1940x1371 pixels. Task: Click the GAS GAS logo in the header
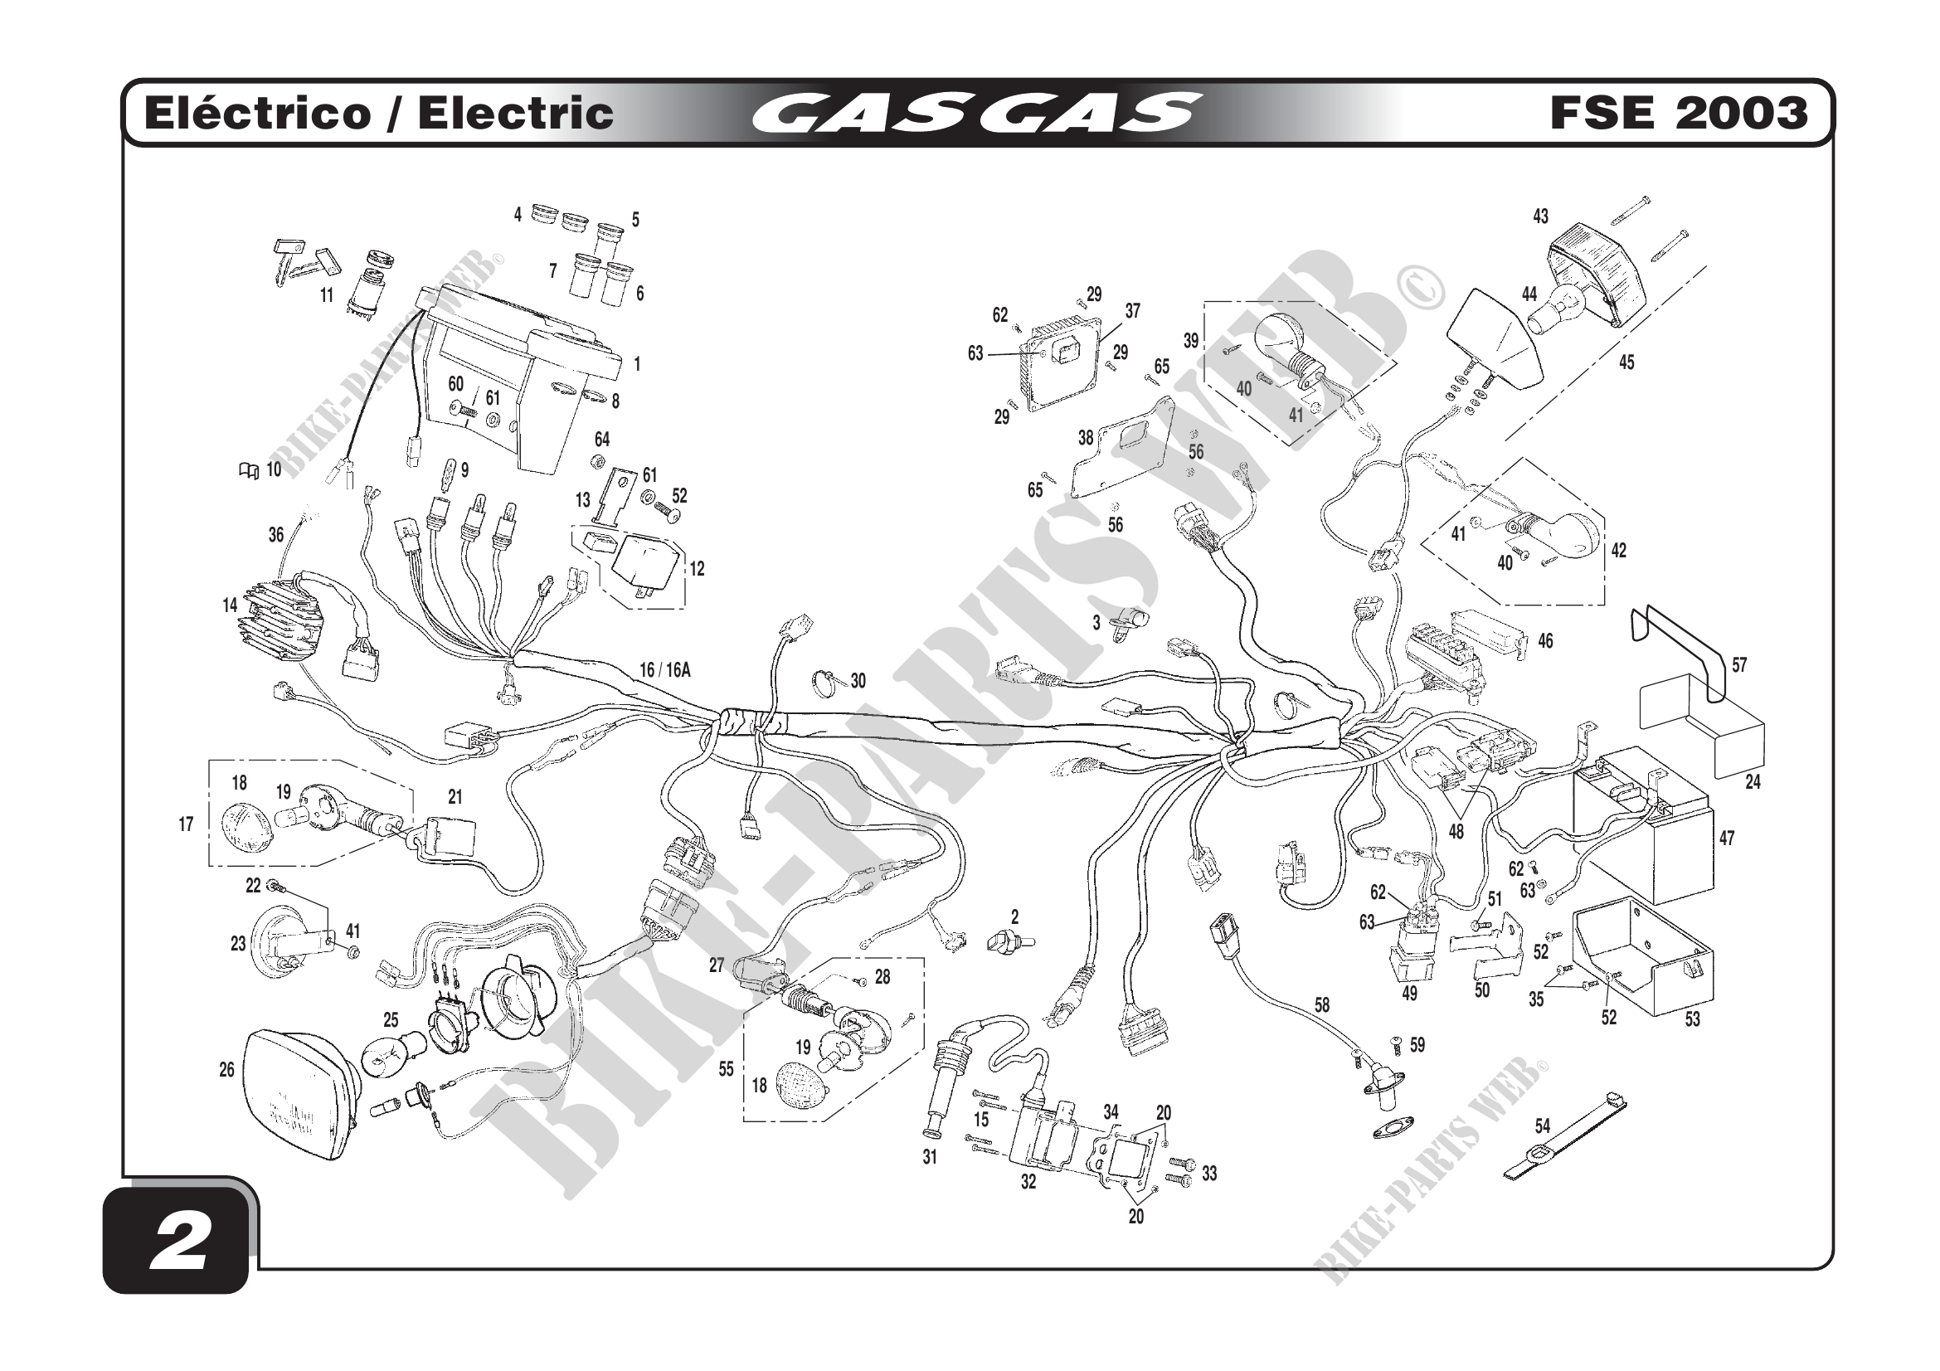coord(976,113)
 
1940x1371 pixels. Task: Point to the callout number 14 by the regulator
coord(230,605)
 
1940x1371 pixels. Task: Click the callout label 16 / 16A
coord(665,670)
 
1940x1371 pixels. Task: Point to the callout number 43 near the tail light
coord(1540,217)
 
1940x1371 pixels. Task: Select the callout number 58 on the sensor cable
coord(1321,1004)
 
